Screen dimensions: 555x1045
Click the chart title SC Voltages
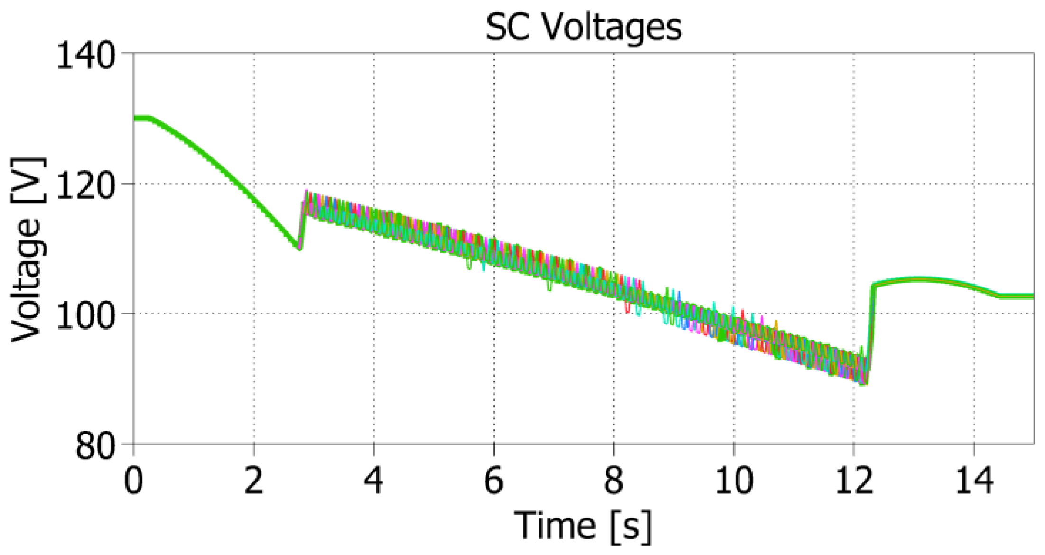pos(583,27)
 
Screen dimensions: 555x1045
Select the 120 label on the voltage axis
pos(86,186)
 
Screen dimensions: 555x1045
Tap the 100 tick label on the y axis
pos(86,315)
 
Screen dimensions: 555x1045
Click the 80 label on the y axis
pos(95,446)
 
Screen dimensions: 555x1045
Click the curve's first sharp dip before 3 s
pos(299,248)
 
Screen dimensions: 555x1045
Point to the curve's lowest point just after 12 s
pos(864,383)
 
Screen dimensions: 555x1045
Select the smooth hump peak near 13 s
pos(918,279)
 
